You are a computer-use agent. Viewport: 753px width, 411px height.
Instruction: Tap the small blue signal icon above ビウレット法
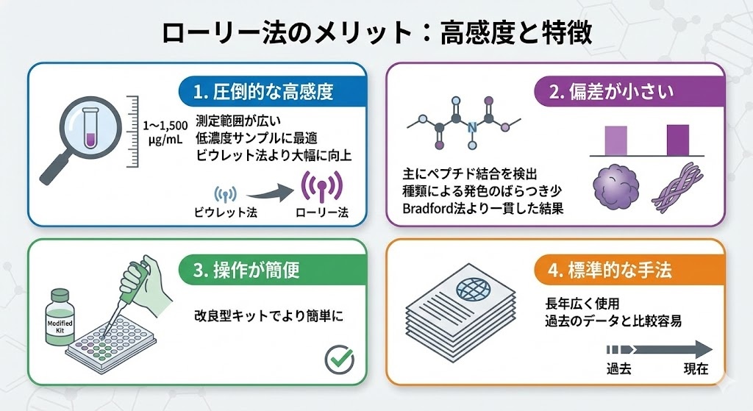click(225, 194)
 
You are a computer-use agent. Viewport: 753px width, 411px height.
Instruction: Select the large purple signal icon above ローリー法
click(320, 190)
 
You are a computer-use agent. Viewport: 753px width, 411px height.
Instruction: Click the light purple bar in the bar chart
click(615, 140)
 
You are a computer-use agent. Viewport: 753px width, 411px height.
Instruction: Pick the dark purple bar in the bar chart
click(677, 140)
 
